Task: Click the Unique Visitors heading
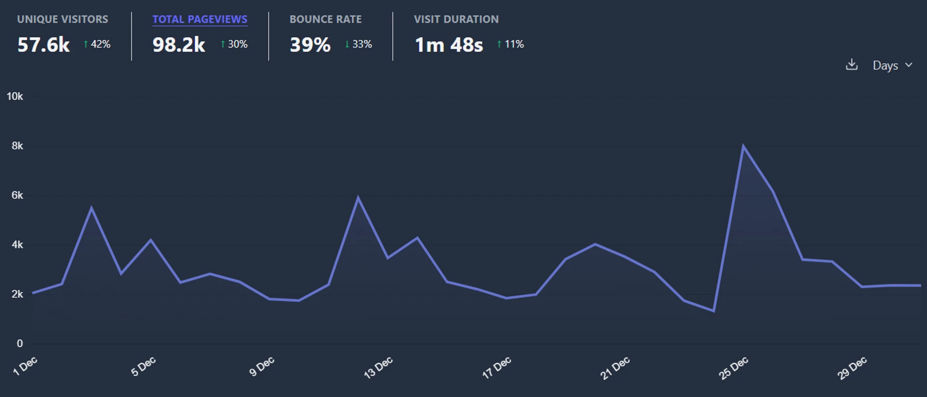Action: click(63, 19)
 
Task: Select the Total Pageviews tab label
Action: click(200, 19)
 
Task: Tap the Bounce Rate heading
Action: click(325, 19)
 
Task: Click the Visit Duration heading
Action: click(456, 19)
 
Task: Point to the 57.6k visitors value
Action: click(43, 45)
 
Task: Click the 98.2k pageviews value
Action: click(179, 45)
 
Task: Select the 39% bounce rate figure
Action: click(310, 45)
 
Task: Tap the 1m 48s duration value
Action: click(449, 45)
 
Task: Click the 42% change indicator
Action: click(97, 44)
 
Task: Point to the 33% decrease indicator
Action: click(358, 44)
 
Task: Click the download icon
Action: click(852, 65)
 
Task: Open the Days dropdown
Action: click(892, 65)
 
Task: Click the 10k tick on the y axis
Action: click(15, 97)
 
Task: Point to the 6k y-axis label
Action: click(17, 195)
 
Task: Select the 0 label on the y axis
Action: click(20, 343)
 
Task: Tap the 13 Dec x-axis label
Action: click(378, 368)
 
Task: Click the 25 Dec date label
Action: click(733, 368)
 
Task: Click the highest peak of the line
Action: click(743, 146)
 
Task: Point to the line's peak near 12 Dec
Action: click(358, 197)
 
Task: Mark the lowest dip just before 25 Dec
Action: click(714, 310)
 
